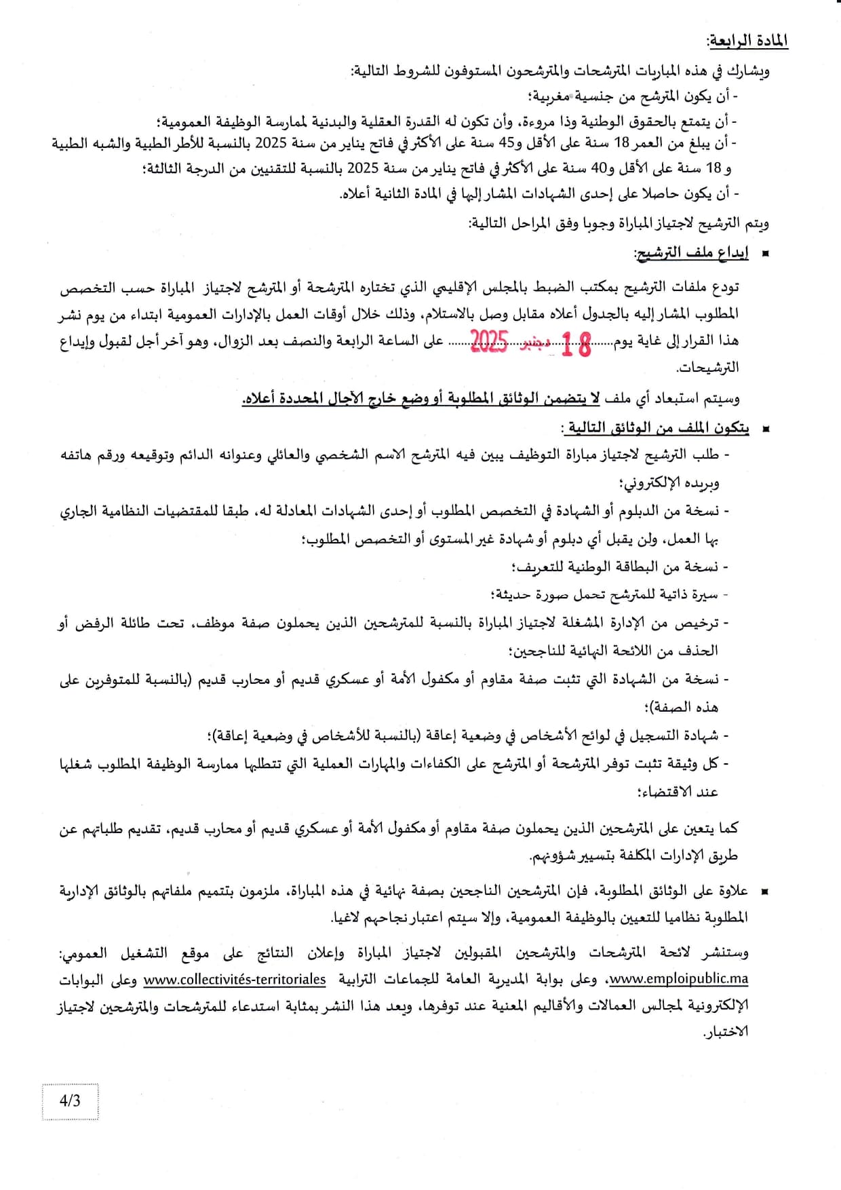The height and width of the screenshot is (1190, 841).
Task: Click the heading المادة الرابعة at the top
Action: (x=747, y=41)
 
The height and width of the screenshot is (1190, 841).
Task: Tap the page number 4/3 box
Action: (x=70, y=1100)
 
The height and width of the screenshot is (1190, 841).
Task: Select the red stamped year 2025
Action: (x=489, y=341)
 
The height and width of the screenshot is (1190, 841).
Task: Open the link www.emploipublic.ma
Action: (x=678, y=979)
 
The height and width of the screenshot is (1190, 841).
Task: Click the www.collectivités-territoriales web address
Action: (x=235, y=980)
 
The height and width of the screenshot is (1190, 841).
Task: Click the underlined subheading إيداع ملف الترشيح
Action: (x=691, y=253)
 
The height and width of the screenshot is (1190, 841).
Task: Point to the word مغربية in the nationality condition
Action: (x=553, y=96)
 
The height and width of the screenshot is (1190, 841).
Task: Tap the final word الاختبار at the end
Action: (x=725, y=1032)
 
